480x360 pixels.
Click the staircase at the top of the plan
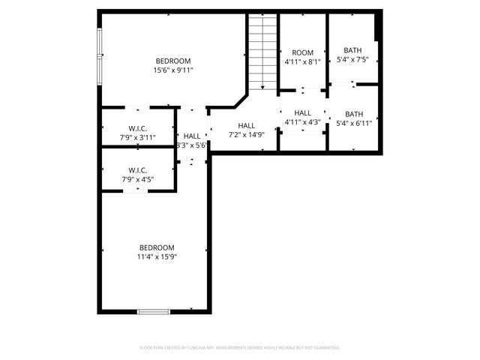263,52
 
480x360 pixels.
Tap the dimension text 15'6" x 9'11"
173,70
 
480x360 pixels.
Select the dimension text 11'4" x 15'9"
156,257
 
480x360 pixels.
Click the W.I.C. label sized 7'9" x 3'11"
138,128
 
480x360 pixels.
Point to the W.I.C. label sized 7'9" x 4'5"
138,170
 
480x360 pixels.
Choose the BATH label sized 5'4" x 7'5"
353,50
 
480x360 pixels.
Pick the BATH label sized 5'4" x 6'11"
353,114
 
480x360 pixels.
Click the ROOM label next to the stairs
302,52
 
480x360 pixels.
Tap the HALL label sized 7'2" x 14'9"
246,126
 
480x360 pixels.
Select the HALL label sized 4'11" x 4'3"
302,113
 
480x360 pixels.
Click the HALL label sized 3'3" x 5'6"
192,136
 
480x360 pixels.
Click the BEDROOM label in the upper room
173,61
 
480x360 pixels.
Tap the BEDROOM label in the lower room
156,247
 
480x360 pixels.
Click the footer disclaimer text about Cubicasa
240,348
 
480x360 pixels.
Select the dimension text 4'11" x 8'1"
302,62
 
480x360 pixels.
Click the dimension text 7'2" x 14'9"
246,135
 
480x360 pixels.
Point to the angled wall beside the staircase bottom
241,100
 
